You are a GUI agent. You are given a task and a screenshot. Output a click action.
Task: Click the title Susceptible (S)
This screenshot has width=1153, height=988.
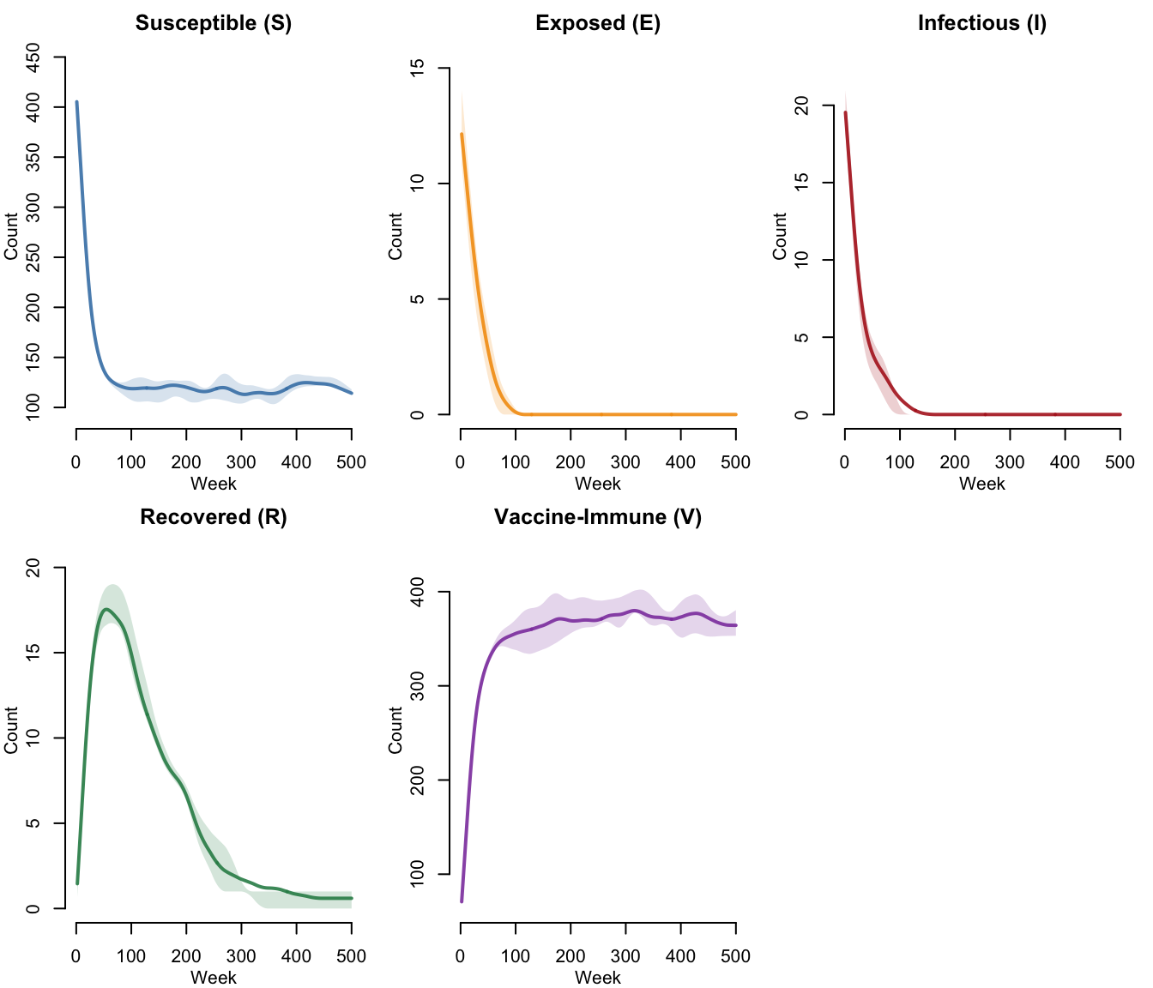(214, 23)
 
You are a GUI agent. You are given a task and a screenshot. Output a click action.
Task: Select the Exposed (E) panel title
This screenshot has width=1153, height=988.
(598, 23)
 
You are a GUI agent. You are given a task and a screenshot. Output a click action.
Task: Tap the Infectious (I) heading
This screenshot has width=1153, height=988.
(982, 23)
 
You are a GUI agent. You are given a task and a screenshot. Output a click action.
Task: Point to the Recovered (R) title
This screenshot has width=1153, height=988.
(214, 517)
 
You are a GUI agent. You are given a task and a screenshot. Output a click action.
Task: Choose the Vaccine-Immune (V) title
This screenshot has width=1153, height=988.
(598, 517)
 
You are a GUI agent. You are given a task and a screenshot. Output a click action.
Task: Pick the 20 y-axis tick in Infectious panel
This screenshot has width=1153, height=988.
(802, 105)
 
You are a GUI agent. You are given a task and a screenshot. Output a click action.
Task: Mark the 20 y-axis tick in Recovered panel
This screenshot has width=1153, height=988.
(34, 568)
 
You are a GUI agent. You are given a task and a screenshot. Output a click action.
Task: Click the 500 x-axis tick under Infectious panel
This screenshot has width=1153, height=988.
(1120, 462)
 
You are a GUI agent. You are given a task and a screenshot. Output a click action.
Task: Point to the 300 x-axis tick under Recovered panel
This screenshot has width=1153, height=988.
(241, 956)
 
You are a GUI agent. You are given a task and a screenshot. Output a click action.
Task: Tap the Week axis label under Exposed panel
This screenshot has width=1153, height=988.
(598, 484)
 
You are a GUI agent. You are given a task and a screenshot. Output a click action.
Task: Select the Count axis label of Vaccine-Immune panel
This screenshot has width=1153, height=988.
(395, 730)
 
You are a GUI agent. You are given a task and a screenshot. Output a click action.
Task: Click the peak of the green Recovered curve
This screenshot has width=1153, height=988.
(106, 609)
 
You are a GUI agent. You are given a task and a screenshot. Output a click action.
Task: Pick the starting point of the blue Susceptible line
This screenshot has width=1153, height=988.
(76, 102)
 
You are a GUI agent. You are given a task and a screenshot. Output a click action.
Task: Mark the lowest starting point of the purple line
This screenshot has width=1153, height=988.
(462, 901)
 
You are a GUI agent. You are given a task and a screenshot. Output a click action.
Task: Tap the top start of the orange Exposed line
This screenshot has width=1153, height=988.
(462, 134)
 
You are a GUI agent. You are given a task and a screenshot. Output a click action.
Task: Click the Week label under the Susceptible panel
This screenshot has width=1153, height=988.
(214, 484)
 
